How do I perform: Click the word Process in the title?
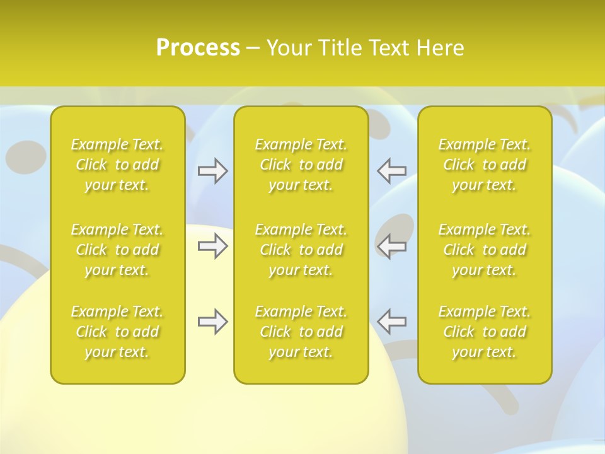pyautogui.click(x=198, y=48)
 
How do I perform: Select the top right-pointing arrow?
pyautogui.click(x=212, y=171)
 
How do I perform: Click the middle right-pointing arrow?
pyautogui.click(x=212, y=246)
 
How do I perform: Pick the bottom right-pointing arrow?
pyautogui.click(x=212, y=322)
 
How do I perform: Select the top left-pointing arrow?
pyautogui.click(x=391, y=171)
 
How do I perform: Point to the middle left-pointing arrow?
pyautogui.click(x=391, y=246)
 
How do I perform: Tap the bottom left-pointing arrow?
pyautogui.click(x=391, y=322)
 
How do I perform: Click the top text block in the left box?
pyautogui.click(x=117, y=165)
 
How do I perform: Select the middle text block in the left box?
pyautogui.click(x=117, y=250)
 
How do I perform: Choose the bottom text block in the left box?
pyautogui.click(x=117, y=332)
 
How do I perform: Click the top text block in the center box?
pyautogui.click(x=301, y=165)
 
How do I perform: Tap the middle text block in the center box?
pyautogui.click(x=301, y=250)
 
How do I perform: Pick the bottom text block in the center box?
pyautogui.click(x=301, y=332)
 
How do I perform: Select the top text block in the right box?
pyautogui.click(x=485, y=165)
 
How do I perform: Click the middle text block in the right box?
pyautogui.click(x=485, y=250)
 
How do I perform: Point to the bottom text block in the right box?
pyautogui.click(x=485, y=332)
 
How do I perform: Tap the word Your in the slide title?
pyautogui.click(x=289, y=48)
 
